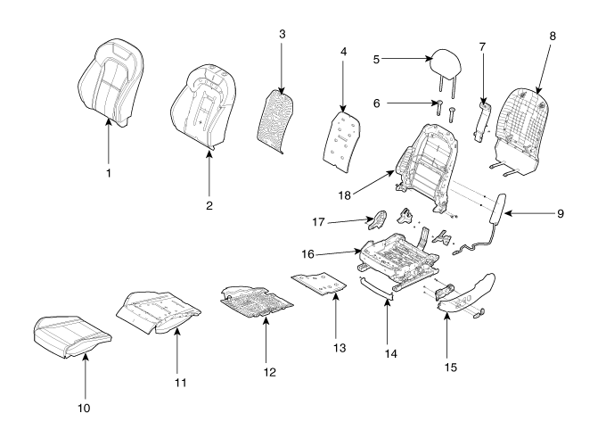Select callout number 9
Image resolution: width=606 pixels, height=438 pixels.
coord(561,214)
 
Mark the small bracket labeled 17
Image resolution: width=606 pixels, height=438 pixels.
coord(377,219)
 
